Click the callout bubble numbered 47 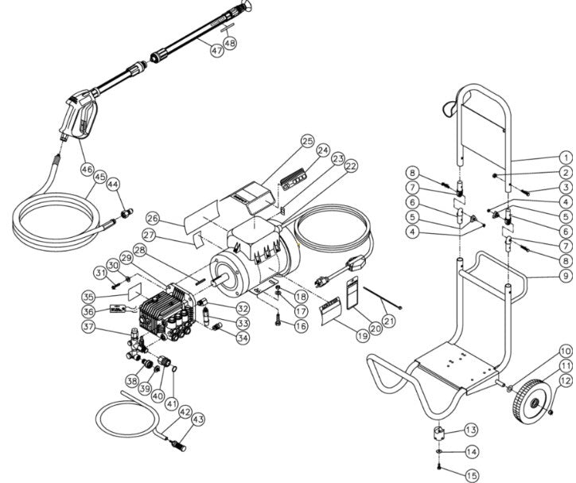(x=217, y=49)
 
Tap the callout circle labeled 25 (x=286, y=142)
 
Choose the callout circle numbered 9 (x=564, y=276)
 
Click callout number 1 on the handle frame (x=564, y=158)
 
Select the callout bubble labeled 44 (x=114, y=183)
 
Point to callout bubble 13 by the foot (x=472, y=430)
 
